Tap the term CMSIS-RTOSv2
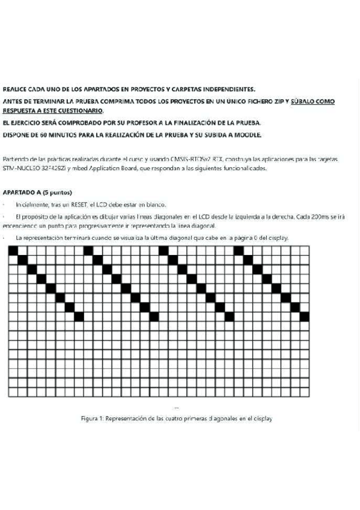pyautogui.click(x=189, y=159)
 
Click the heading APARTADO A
pyautogui.click(x=21, y=192)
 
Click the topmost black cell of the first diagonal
pyautogui.click(x=14, y=251)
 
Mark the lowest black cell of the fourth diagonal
pyautogui.click(x=304, y=316)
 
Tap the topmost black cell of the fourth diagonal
pyautogui.click(x=239, y=251)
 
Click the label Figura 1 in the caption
pyautogui.click(x=92, y=419)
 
